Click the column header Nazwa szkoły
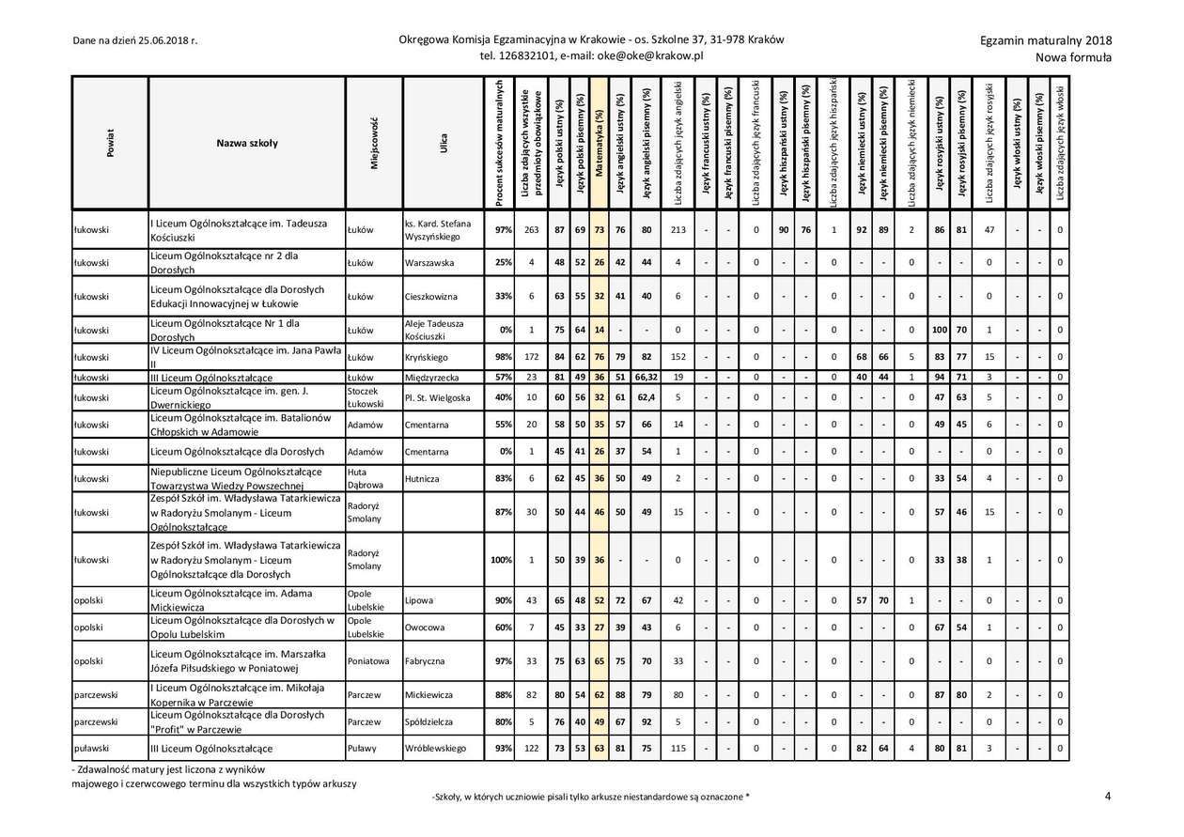[247, 144]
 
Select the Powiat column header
[110, 144]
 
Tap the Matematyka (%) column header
[600, 144]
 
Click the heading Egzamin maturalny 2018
[1045, 40]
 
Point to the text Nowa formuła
[1073, 57]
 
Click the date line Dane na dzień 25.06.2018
[135, 40]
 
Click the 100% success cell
[502, 560]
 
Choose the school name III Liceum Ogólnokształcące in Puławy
[211, 749]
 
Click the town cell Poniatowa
[367, 660]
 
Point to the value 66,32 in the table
[646, 378]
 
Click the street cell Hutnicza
[422, 478]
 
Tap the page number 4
[1108, 797]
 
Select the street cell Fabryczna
[426, 660]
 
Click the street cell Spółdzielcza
[429, 721]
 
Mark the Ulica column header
[443, 144]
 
